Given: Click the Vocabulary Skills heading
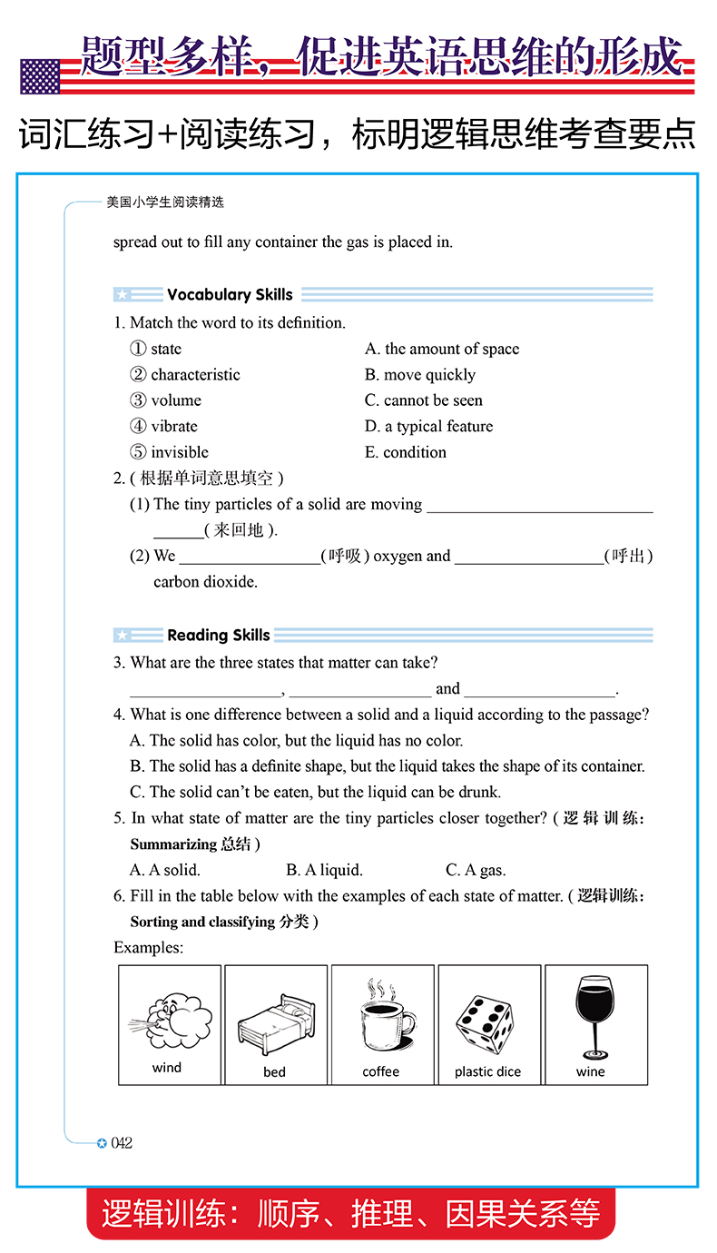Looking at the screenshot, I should point(230,294).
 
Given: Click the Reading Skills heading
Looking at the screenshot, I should point(218,635).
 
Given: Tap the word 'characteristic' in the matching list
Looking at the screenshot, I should point(195,374).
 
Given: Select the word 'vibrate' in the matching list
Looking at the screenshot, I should point(173,426).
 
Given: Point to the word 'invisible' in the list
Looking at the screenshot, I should point(180,452).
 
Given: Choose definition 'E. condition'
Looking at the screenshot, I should point(406,452).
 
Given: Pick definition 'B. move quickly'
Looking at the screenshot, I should point(420,374).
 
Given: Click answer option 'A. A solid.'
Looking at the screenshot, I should point(165,870).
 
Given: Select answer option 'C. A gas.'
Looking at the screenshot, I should point(476,870).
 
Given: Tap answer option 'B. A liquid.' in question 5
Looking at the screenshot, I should point(324,870).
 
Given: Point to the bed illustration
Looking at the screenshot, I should point(275,1021).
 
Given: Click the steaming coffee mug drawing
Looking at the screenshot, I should point(382,1015).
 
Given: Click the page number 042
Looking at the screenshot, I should point(121,1143).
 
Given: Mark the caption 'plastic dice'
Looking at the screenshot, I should point(487,1071).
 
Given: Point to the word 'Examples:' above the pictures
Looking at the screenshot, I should point(148,947).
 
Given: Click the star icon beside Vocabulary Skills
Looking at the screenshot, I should point(123,295).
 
